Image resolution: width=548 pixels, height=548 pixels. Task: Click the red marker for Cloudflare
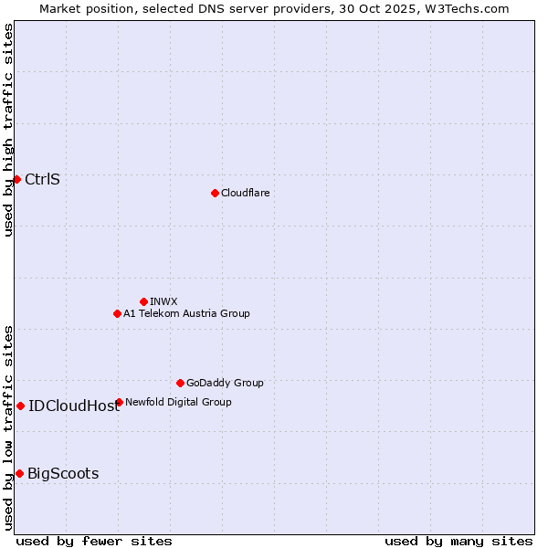[x=215, y=193]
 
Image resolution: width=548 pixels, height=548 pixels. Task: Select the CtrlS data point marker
[x=16, y=179]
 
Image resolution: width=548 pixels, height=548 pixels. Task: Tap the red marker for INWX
[x=143, y=301]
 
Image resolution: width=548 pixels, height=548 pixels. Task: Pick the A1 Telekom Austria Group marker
[x=117, y=313]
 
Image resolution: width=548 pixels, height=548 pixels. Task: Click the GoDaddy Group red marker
[x=180, y=383]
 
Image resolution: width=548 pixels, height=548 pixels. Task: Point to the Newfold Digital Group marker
[x=119, y=402]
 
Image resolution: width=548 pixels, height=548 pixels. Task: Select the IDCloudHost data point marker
[x=20, y=406]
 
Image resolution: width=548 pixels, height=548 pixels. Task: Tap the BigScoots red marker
[x=19, y=473]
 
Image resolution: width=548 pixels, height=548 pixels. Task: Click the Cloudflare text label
[x=245, y=193]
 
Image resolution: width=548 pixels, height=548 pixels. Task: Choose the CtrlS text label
[x=42, y=179]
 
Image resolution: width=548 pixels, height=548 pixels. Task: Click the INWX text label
[x=163, y=301]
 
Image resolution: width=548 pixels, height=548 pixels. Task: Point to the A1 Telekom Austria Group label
[x=186, y=313]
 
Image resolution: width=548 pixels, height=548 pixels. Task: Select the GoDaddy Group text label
[x=225, y=383]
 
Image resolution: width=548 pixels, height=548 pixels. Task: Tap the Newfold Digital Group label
[x=178, y=402]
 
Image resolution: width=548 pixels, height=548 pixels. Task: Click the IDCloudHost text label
[x=74, y=406]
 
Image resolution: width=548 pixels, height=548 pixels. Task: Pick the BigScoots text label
[x=63, y=473]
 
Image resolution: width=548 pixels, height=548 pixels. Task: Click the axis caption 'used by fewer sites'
[x=94, y=541]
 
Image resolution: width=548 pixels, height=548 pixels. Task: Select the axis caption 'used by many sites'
[x=458, y=541]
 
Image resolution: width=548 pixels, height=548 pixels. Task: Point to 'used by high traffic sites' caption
[x=8, y=131]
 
